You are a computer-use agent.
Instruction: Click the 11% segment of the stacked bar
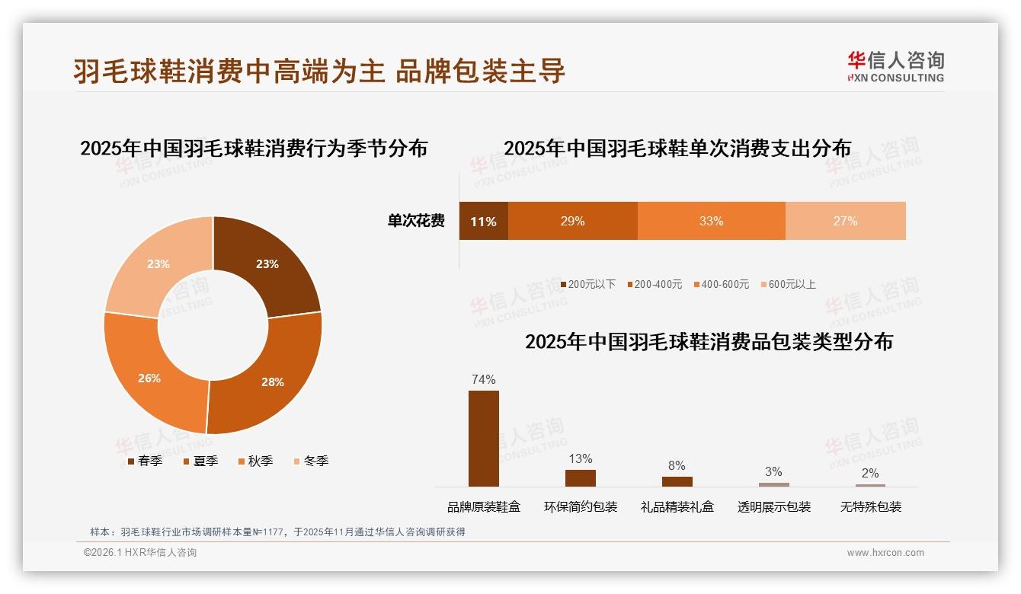pos(483,222)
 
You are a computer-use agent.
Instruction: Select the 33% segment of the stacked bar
pos(711,222)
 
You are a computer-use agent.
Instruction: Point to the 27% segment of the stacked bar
pos(845,222)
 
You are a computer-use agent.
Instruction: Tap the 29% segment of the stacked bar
pos(572,222)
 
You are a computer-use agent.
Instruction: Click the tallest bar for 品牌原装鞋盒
pos(483,439)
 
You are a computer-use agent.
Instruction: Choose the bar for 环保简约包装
pos(580,478)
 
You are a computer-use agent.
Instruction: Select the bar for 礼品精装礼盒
pos(677,481)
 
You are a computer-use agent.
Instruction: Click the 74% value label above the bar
pos(483,379)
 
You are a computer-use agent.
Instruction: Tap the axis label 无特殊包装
pos(870,507)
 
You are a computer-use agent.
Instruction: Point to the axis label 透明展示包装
pos(773,507)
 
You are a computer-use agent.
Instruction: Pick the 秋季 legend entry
pos(256,461)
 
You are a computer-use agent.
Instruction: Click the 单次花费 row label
pos(416,222)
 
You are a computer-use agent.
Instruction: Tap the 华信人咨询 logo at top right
pos(895,66)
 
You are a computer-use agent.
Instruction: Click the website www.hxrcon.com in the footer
pos(885,553)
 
